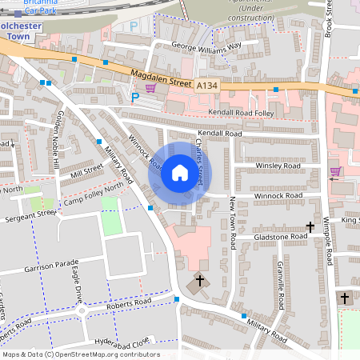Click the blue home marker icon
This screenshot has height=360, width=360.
coord(179,172)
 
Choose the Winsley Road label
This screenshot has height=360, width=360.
coord(278,166)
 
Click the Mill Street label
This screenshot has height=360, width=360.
coord(87,170)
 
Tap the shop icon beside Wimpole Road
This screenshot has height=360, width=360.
coord(335,171)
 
